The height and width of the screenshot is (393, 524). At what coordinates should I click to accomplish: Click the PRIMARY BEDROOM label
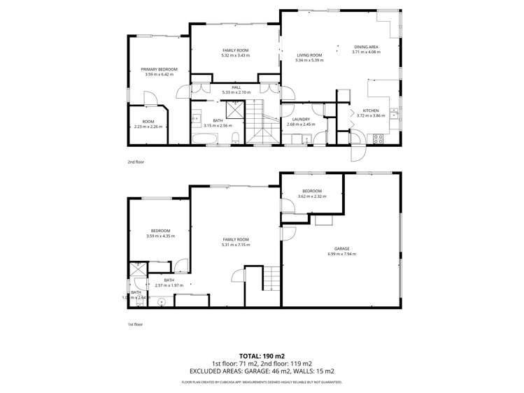(x=159, y=69)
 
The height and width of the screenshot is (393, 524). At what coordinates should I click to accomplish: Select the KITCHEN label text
(x=370, y=111)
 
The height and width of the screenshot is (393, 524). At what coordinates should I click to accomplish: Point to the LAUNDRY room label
(x=302, y=120)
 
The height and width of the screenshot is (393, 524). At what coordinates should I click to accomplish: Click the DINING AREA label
(x=366, y=47)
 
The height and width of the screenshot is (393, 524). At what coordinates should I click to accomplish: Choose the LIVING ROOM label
(x=309, y=55)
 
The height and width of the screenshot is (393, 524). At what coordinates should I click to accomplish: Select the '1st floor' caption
(x=134, y=324)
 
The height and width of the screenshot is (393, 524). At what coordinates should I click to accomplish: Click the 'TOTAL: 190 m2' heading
(x=262, y=355)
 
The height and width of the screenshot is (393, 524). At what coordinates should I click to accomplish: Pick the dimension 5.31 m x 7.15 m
(x=235, y=245)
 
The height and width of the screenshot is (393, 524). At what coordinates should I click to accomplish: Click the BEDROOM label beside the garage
(x=311, y=191)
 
